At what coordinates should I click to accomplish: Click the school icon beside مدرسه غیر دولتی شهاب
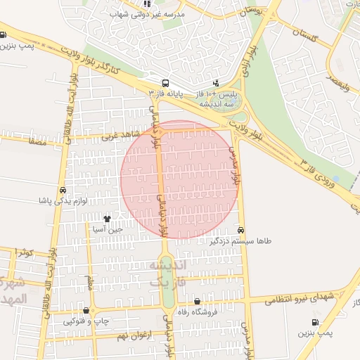coord(146,4)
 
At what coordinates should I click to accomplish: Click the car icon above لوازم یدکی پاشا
coord(63,190)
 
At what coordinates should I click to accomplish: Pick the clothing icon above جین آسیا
coord(107,219)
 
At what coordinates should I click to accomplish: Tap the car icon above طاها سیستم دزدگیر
coord(241,230)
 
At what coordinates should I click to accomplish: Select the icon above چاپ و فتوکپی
coord(86,310)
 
